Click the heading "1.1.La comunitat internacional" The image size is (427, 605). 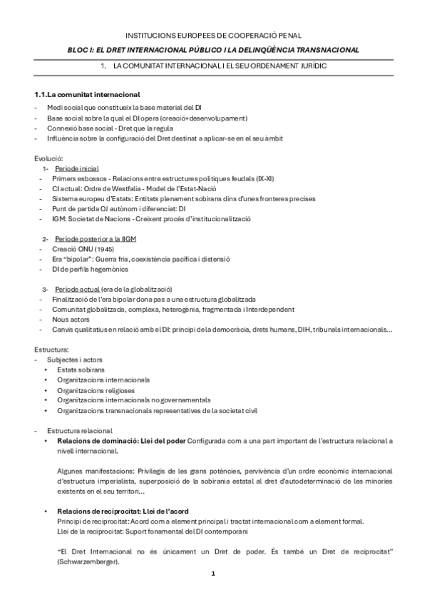pyautogui.click(x=88, y=95)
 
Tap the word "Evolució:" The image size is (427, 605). pyautogui.click(x=49, y=157)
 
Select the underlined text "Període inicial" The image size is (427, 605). pyautogui.click(x=78, y=167)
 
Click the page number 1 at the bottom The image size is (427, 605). pyautogui.click(x=213, y=573)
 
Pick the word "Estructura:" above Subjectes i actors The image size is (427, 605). pyautogui.click(x=51, y=350)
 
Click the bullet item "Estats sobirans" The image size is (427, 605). pyautogui.click(x=81, y=370)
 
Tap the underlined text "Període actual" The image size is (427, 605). pyautogui.click(x=77, y=289)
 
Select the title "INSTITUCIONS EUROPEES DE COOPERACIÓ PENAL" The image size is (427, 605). pyautogui.click(x=213, y=34)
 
